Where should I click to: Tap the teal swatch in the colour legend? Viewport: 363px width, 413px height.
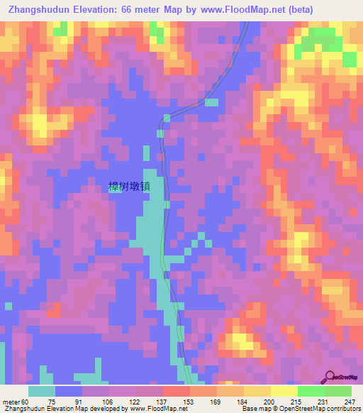tap(42, 392)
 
